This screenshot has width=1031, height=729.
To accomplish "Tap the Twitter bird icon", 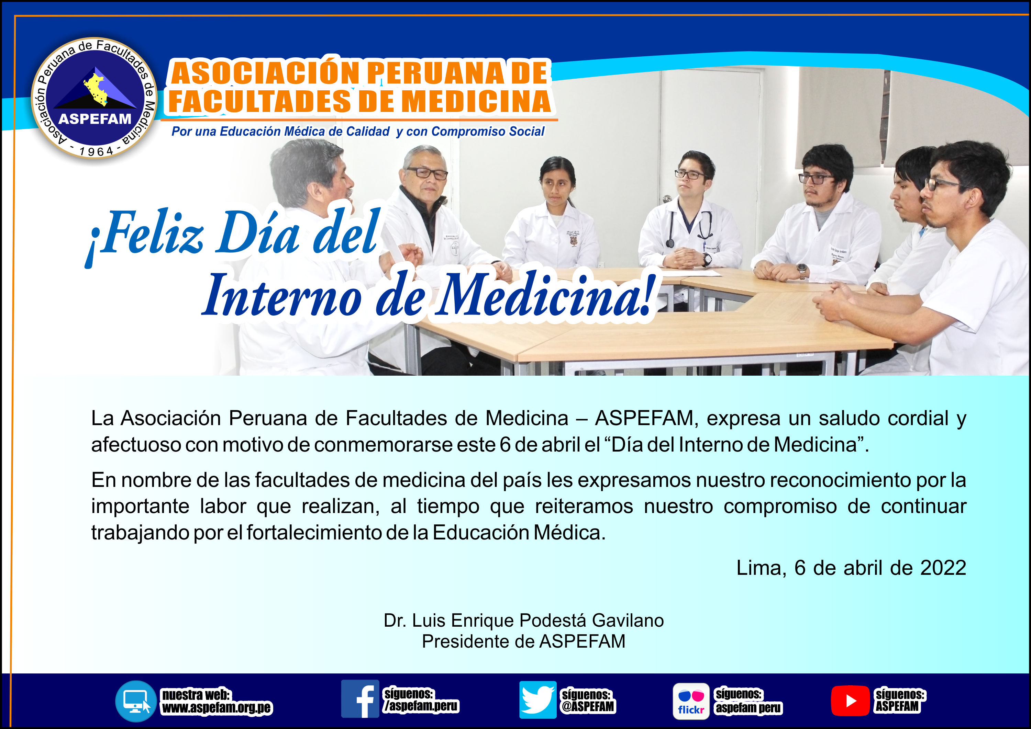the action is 538,699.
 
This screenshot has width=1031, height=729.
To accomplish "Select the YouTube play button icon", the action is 850,700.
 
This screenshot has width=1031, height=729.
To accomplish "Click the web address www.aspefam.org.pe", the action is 217,708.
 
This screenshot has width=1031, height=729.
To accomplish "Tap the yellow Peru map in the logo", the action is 96,89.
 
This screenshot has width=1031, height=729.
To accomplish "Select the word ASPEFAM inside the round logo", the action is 95,119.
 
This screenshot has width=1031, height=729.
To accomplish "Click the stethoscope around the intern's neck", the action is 690,227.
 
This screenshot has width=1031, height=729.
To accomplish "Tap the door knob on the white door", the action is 667,198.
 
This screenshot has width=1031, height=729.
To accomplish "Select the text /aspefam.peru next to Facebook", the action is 421,706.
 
